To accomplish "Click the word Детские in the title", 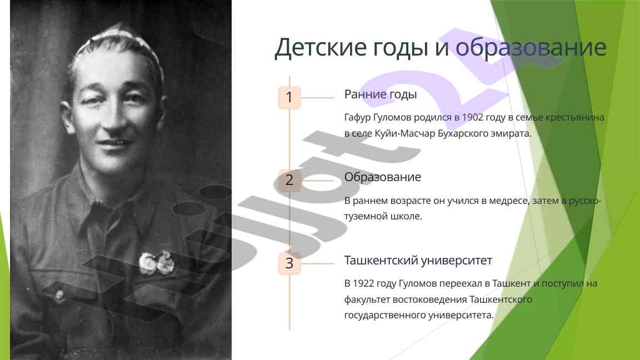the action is pos(321,47).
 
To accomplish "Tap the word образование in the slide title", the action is pos(531,47).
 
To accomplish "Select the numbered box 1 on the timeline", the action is pos(289,98).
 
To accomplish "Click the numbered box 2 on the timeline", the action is pos(289,181).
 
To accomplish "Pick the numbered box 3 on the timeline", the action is pos(289,263).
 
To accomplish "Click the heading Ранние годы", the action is pos(381,94).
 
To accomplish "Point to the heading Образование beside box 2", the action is pos(382,178).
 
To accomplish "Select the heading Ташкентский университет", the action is pos(418,261).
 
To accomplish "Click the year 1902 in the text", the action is pos(473,118).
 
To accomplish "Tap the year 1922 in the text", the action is pos(363,283).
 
